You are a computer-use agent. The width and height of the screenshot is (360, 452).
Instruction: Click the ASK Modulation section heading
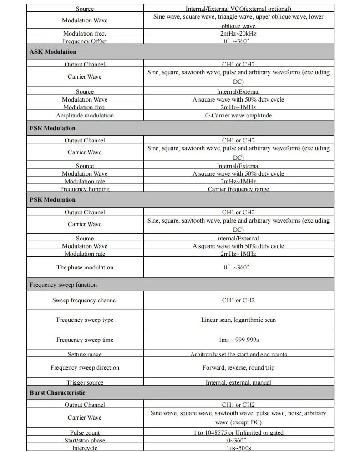53,52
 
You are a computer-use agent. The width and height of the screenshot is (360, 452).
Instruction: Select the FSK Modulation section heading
52,128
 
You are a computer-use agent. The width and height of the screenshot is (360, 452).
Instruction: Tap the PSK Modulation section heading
52,200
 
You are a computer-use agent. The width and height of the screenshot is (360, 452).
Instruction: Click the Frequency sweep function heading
63,285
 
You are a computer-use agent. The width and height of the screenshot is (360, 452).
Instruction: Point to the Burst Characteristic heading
57,393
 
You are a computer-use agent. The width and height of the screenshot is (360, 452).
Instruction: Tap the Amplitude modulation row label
85,116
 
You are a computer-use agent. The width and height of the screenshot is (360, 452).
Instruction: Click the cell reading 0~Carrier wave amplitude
238,116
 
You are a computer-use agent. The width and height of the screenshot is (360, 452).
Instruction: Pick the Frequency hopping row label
85,189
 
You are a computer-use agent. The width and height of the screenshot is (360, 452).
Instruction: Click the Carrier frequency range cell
238,189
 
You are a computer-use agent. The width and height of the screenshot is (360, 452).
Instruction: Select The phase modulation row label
85,268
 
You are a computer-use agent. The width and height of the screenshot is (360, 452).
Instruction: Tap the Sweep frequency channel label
85,300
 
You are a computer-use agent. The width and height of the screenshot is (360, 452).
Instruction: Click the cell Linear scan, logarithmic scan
238,320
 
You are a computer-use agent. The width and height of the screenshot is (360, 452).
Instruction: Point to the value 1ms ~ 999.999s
238,340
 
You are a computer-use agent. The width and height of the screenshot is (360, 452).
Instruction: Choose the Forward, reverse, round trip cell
238,368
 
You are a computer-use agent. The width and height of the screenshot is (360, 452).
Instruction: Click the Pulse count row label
85,433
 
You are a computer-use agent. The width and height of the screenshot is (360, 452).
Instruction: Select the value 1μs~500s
238,448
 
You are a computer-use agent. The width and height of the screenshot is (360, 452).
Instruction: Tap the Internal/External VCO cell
238,9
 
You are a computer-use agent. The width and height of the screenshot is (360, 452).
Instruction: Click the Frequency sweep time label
85,340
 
